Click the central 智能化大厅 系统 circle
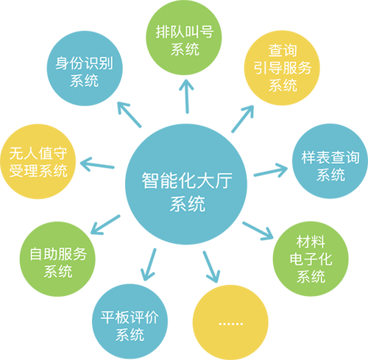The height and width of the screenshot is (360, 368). pyautogui.click(x=186, y=184)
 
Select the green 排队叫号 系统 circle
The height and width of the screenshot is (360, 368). pyautogui.click(x=184, y=38)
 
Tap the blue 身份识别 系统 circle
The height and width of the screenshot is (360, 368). pyautogui.click(x=85, y=68)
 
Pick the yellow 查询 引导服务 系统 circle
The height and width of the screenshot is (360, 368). pyautogui.click(x=282, y=68)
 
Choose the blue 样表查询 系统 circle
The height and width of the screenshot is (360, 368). pyautogui.click(x=330, y=161)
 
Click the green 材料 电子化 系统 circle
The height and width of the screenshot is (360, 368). pyautogui.click(x=311, y=258)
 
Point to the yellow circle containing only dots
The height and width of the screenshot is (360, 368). pyautogui.click(x=230, y=322)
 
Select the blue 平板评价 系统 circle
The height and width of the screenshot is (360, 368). pyautogui.click(x=130, y=322)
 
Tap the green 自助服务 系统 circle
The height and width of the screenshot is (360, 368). pyautogui.click(x=57, y=259)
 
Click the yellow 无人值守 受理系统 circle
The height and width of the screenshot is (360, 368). pyautogui.click(x=38, y=161)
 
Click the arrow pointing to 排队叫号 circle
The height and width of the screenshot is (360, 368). pyautogui.click(x=187, y=96)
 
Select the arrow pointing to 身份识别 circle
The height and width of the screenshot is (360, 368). pyautogui.click(x=130, y=115)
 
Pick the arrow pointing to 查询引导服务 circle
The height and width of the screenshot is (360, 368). pyautogui.click(x=243, y=119)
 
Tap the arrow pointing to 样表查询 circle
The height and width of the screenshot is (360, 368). pyautogui.click(x=271, y=170)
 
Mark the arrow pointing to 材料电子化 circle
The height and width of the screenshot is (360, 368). pyautogui.click(x=258, y=231)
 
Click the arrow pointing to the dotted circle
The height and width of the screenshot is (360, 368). pyautogui.click(x=211, y=267)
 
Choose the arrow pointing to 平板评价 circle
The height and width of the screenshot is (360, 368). pyautogui.click(x=149, y=265)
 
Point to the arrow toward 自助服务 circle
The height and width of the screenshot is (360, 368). pyautogui.click(x=105, y=225)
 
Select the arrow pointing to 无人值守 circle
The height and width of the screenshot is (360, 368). pyautogui.click(x=97, y=164)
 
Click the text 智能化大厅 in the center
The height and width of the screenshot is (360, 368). pyautogui.click(x=187, y=180)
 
